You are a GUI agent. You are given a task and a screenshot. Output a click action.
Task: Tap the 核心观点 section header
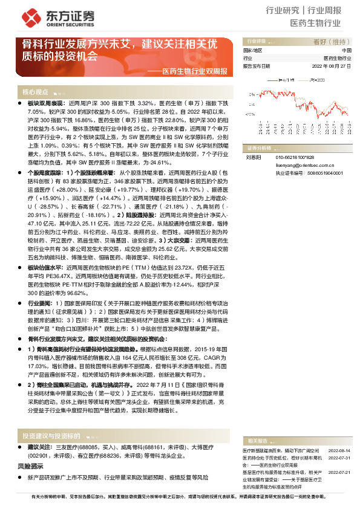pyautogui.click(x=35, y=92)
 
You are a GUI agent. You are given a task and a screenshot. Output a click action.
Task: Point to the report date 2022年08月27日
pyautogui.click(x=331, y=65)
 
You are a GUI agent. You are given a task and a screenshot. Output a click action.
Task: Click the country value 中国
pyautogui.click(x=346, y=50)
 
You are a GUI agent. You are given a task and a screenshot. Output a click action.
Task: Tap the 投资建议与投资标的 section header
pyautogui.click(x=51, y=418)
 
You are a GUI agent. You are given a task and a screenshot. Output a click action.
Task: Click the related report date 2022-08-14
pyautogui.click(x=339, y=435)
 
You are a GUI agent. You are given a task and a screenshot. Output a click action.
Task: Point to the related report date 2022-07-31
pyautogui.click(x=339, y=443)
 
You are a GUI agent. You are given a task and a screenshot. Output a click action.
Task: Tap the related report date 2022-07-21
pyautogui.click(x=339, y=456)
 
